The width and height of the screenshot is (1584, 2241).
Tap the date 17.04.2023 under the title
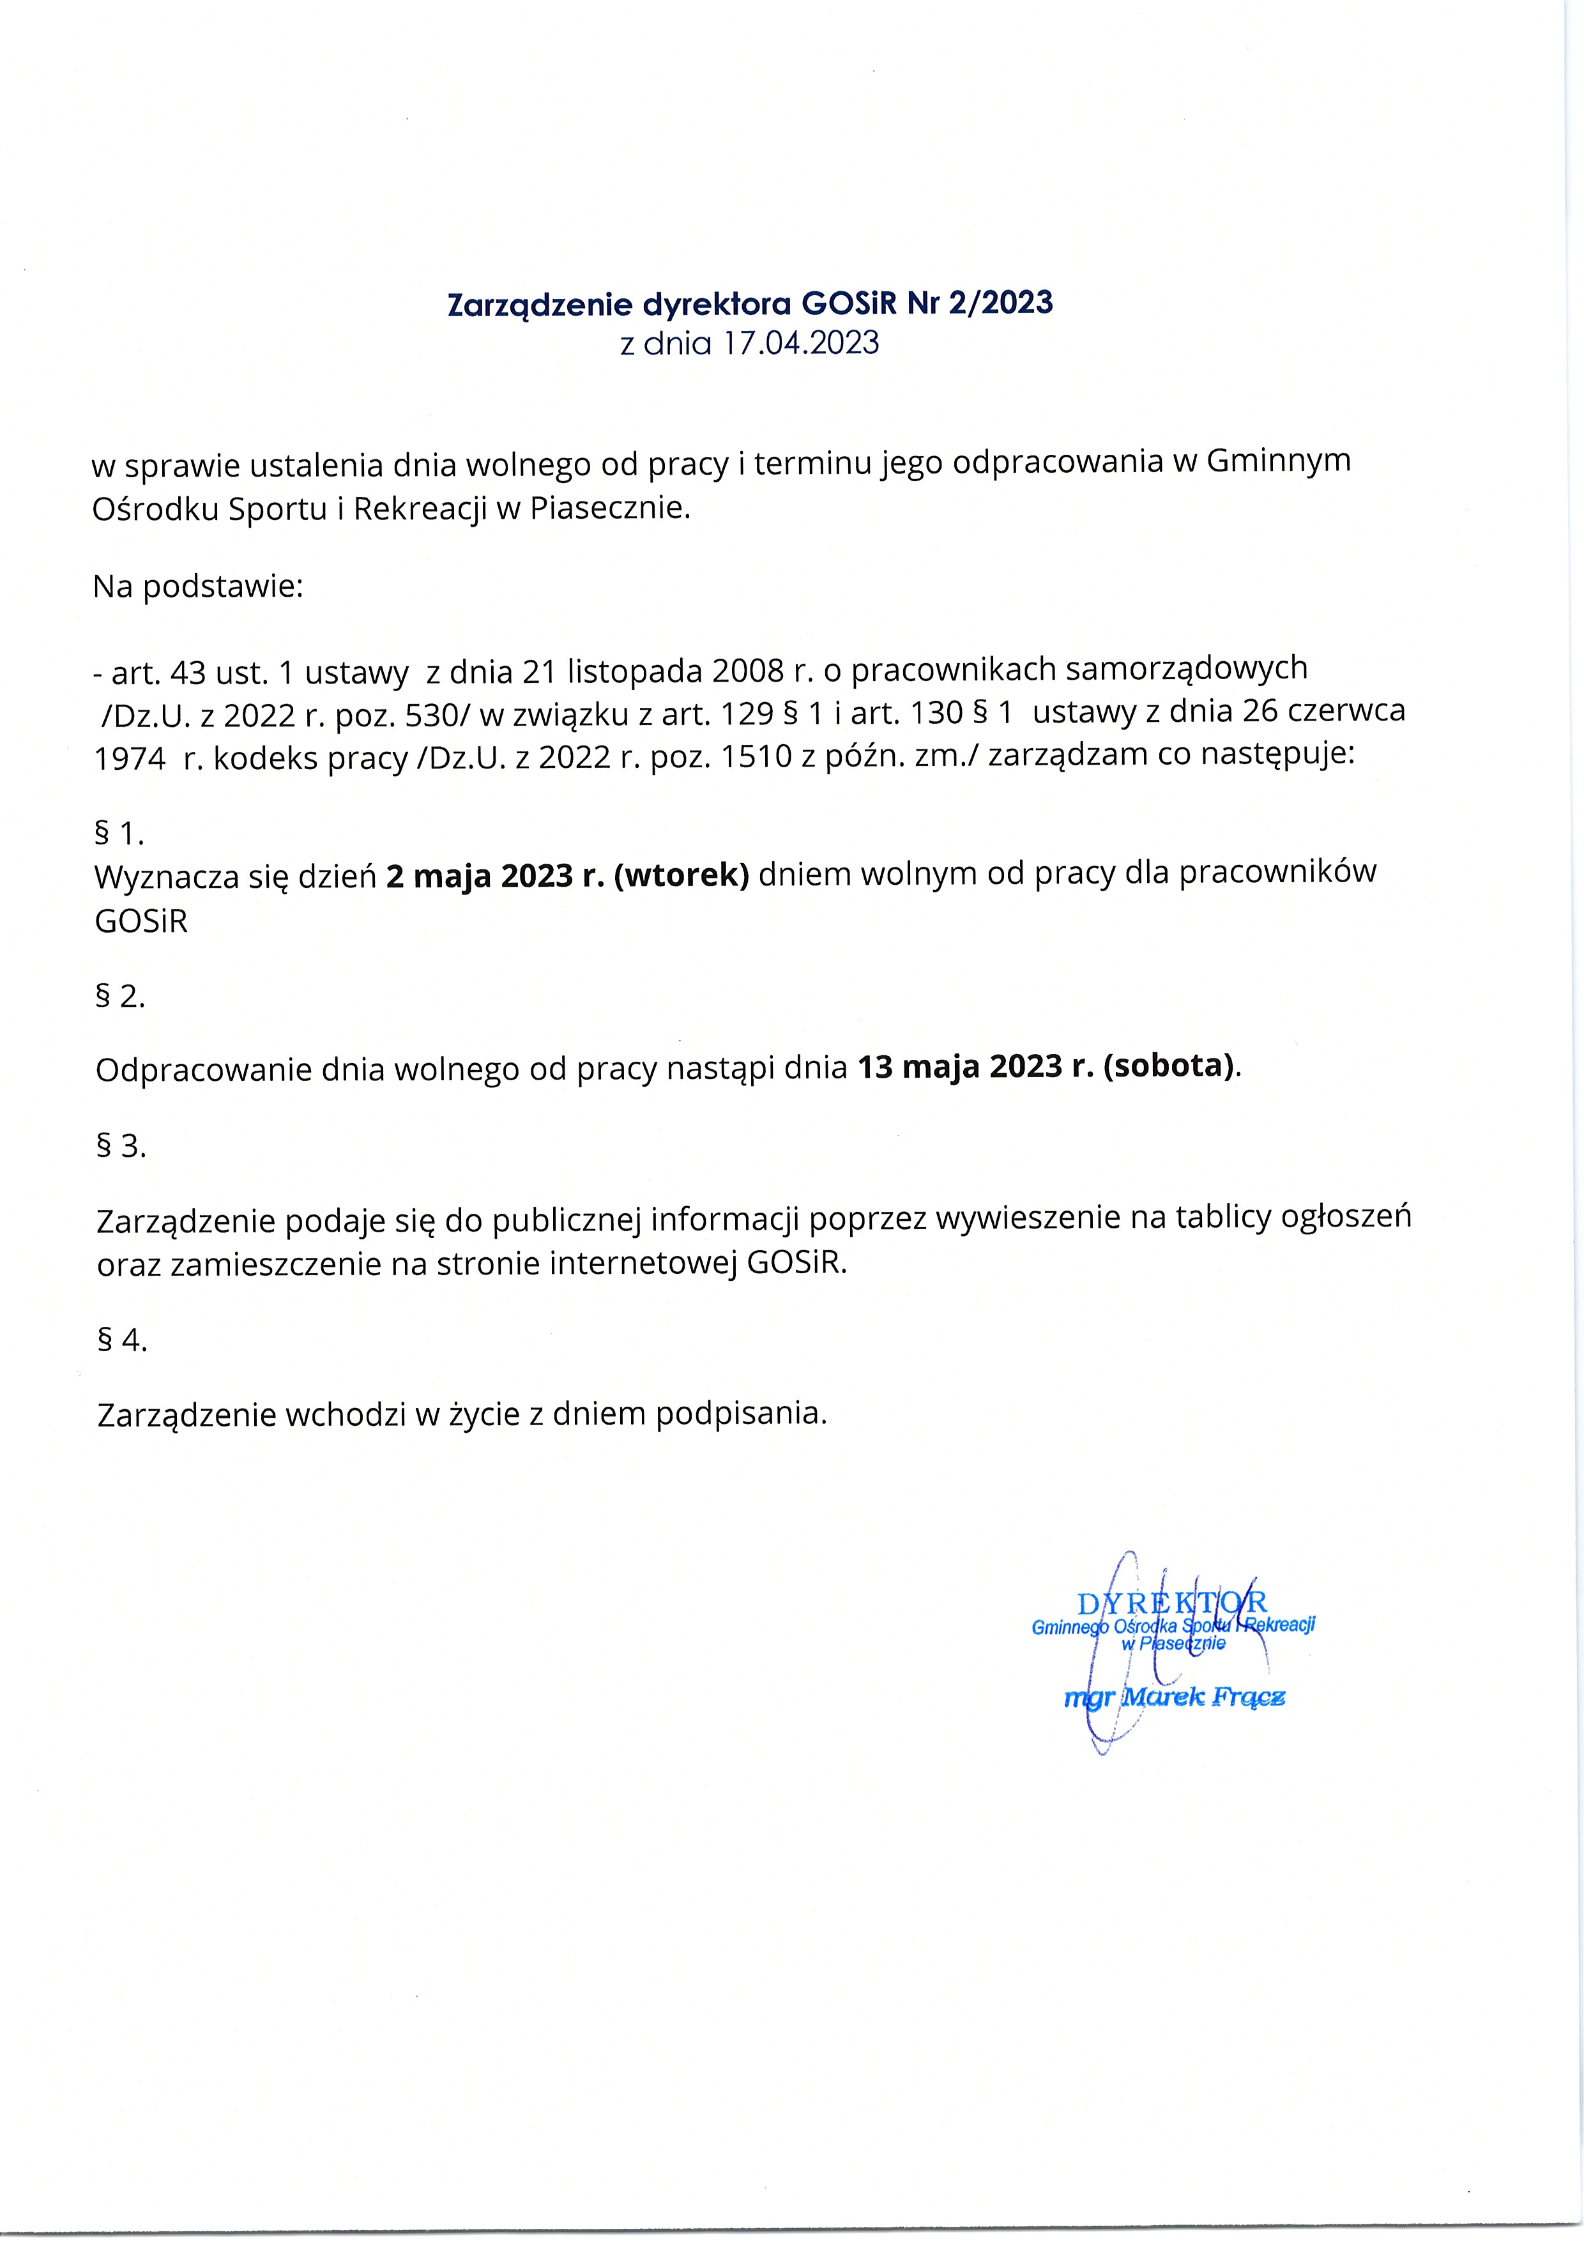coord(800,344)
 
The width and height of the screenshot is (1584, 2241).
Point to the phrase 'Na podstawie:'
coord(198,586)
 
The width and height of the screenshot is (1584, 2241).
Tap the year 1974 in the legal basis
coord(130,758)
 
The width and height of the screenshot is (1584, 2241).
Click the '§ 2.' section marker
coord(120,997)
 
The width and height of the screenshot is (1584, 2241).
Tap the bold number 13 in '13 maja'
coord(876,1067)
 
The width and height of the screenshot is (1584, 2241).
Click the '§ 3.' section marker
coord(121,1145)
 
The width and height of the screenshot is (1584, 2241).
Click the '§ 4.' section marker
coord(122,1340)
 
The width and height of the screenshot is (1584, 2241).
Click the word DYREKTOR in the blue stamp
coord(1172,1603)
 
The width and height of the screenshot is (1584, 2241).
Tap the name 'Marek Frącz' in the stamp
coord(1203,1696)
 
